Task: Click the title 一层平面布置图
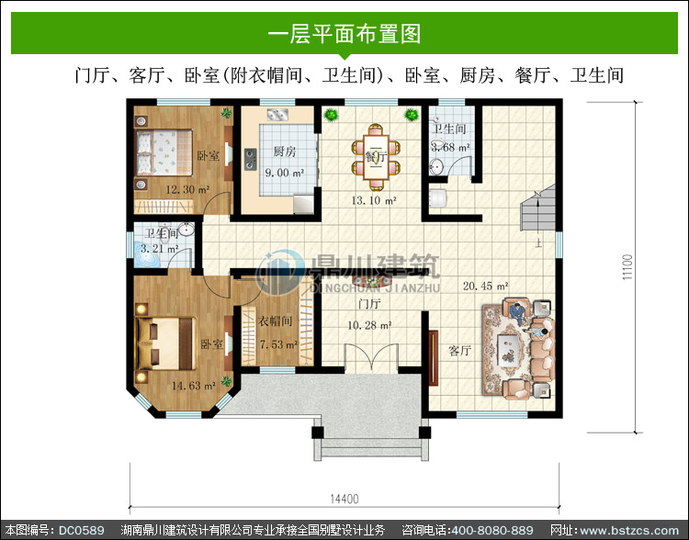click(344, 34)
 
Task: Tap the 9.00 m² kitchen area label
click(285, 173)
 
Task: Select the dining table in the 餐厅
click(376, 157)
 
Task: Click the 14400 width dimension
click(344, 500)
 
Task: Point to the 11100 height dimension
click(627, 266)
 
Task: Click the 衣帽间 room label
click(275, 321)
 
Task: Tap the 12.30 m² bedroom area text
click(187, 190)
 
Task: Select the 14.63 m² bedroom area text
click(193, 386)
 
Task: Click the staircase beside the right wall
click(537, 208)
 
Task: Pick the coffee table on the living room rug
click(509, 348)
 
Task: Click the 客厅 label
click(459, 350)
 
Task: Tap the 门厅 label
click(369, 304)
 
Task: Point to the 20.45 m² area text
click(486, 286)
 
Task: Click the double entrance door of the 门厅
click(371, 357)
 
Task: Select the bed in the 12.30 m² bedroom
click(164, 152)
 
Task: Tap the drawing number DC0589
click(81, 530)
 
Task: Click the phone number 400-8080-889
click(492, 530)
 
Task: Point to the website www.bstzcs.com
click(629, 530)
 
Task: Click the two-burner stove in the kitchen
click(251, 159)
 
